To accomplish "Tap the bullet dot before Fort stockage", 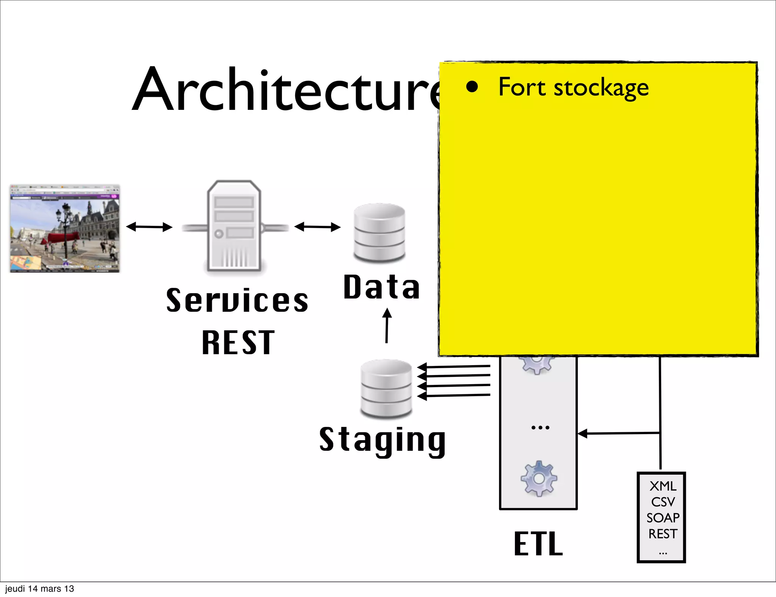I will coord(472,87).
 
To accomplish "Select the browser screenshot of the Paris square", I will coord(65,229).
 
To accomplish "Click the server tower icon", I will coord(234,226).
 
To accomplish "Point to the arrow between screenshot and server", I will coord(149,227).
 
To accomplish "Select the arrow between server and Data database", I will coord(318,227).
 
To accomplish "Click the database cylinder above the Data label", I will coord(379,233).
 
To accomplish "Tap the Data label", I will coord(382,287).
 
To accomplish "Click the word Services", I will coord(238,300).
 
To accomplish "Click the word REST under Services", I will coord(238,342).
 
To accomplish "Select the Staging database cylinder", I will coord(386,388).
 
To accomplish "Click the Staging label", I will coord(383,440).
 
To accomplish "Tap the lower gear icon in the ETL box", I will coord(538,479).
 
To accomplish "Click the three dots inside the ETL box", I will coord(540,428).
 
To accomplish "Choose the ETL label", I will coord(538,544).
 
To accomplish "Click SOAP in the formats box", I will coord(662,518).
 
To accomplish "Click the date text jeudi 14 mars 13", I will coord(39,589).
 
